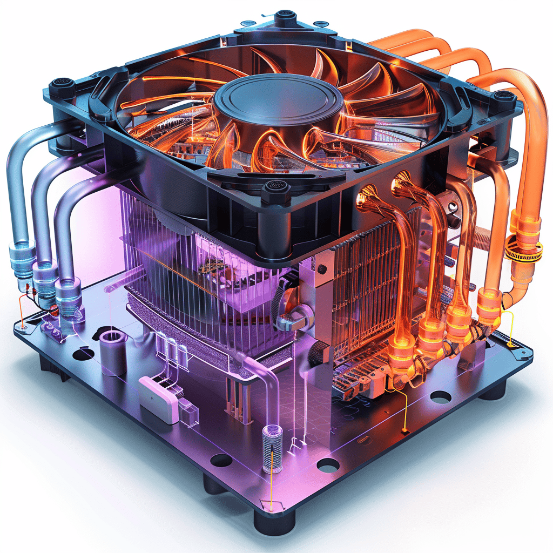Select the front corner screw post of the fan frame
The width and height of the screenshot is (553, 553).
pos(276,190)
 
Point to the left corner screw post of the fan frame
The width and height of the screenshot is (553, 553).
pos(63,86)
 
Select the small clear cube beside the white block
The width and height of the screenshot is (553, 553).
pos(188,412)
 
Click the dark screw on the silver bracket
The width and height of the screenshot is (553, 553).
pos(322,269)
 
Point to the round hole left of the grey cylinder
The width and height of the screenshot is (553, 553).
pos(83,354)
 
